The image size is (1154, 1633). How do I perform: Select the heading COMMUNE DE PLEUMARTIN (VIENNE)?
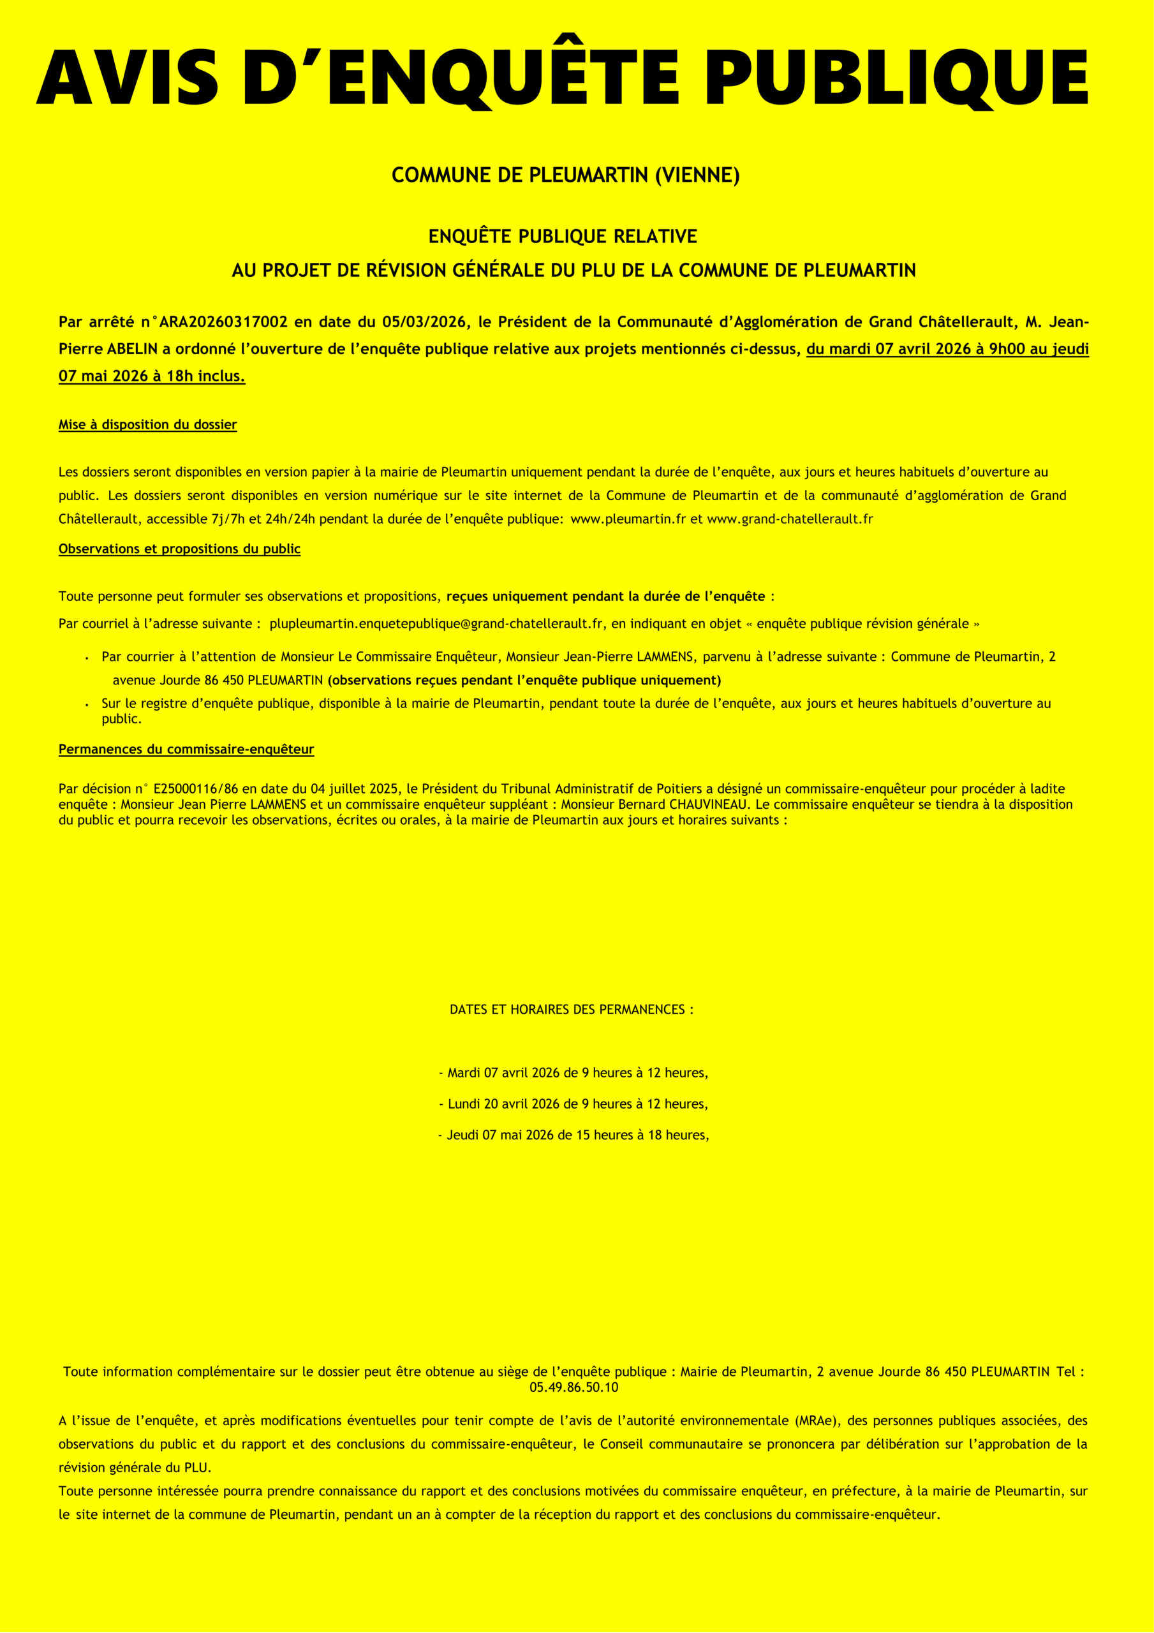(x=566, y=175)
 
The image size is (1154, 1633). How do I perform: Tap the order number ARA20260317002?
(x=223, y=322)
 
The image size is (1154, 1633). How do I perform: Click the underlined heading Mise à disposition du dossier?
(x=147, y=425)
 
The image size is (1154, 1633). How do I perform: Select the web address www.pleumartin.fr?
(x=628, y=519)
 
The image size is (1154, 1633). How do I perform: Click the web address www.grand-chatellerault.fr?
(x=790, y=519)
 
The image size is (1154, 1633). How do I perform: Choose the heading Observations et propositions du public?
(x=179, y=549)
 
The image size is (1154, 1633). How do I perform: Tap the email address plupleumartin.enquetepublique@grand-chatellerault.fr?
(x=436, y=624)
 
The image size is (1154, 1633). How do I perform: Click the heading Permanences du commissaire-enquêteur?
(x=186, y=749)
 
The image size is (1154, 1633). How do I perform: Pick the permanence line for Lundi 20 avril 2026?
(x=573, y=1104)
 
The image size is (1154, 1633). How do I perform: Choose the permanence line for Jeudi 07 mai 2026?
(x=573, y=1135)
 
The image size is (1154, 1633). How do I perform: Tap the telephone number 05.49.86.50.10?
(x=573, y=1387)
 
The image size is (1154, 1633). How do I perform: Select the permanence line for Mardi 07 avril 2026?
(x=573, y=1072)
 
